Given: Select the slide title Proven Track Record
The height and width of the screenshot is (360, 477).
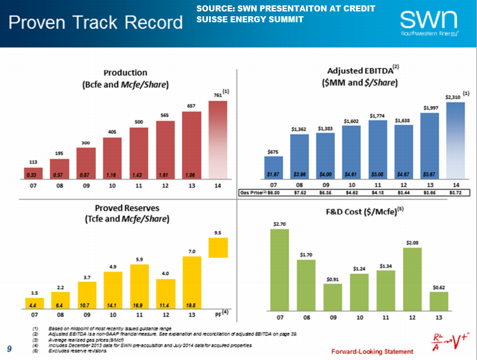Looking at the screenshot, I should click(x=95, y=23).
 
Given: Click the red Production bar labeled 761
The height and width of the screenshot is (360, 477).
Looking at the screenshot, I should click(x=218, y=140).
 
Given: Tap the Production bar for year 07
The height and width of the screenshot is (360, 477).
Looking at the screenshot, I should click(x=33, y=173).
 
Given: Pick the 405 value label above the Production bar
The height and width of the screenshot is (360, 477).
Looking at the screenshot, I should click(x=113, y=131).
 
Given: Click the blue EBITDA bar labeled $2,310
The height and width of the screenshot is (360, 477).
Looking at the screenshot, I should click(x=456, y=140).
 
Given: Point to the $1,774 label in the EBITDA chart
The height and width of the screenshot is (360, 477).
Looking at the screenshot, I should click(x=377, y=116).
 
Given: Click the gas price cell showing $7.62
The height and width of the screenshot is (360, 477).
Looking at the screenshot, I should click(x=299, y=192).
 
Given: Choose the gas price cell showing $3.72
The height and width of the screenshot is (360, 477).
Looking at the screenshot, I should click(x=456, y=192).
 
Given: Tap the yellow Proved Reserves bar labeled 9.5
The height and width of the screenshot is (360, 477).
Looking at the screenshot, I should click(x=218, y=247).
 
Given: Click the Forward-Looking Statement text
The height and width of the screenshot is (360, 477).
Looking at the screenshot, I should click(x=372, y=351).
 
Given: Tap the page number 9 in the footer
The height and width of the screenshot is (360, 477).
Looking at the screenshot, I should click(x=9, y=348).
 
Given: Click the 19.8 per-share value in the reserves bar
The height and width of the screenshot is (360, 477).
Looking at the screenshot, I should click(x=192, y=304).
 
